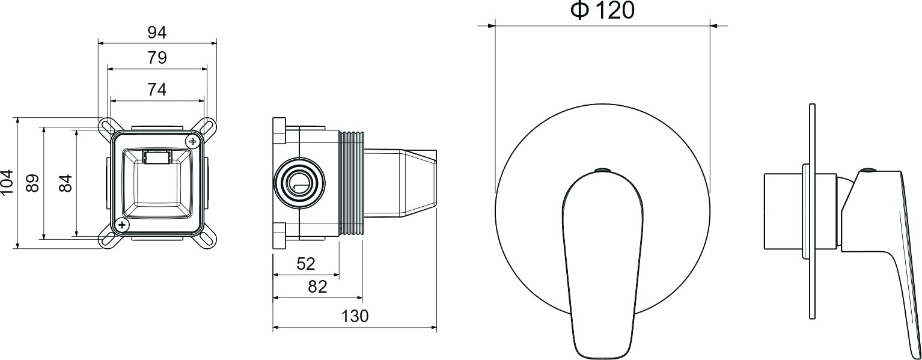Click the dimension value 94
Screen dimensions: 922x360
coord(157,32)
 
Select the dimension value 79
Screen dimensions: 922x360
coord(157,58)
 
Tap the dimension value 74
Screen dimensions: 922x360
coord(157,90)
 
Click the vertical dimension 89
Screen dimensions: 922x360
coord(32,183)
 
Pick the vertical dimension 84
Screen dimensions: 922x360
coord(66,183)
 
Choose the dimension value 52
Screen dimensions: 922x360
coord(306,264)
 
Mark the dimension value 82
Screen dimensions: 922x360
coord(317,287)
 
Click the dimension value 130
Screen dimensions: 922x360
coord(355,316)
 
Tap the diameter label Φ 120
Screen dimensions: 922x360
coord(602,10)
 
